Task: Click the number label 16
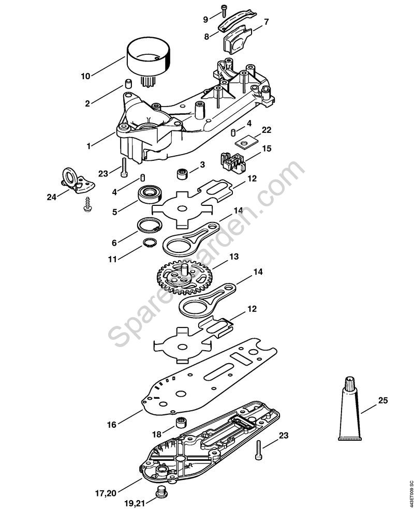point(111,425)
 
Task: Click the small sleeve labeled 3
point(182,174)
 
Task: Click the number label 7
point(266,22)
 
